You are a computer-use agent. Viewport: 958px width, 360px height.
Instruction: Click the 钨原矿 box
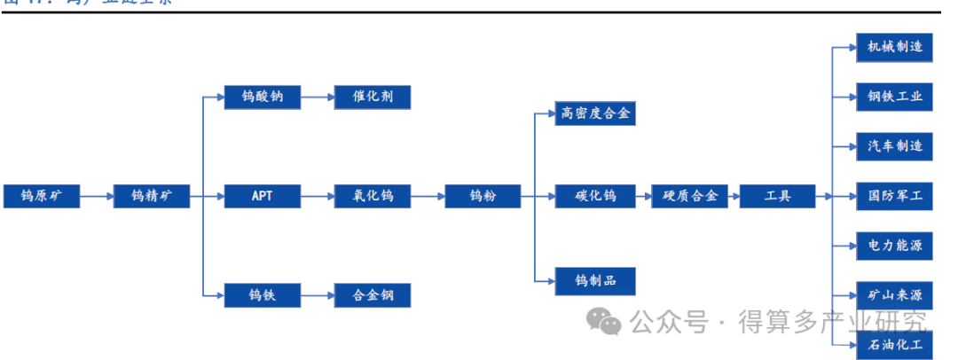point(42,196)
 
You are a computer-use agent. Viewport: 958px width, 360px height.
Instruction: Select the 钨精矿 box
point(152,196)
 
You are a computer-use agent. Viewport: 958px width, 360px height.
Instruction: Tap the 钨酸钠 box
point(263,97)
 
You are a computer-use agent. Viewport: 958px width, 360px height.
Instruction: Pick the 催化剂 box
point(373,97)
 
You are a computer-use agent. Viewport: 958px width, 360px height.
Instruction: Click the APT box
point(263,196)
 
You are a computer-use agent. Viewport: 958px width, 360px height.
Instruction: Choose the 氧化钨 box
point(373,196)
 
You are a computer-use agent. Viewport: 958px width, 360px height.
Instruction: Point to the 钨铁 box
point(263,295)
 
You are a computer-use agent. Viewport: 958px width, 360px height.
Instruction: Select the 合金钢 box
point(373,295)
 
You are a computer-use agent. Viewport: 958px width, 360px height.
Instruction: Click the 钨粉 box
point(483,196)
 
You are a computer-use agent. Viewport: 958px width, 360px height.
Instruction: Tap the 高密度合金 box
point(595,113)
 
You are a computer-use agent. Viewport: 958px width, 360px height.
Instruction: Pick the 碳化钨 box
point(595,196)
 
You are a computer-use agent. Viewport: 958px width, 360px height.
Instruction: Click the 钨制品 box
point(595,281)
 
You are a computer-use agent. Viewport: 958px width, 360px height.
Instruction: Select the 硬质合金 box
point(690,196)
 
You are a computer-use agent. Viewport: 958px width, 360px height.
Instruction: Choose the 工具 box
point(777,196)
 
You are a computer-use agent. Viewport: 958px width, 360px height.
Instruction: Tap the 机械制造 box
point(894,47)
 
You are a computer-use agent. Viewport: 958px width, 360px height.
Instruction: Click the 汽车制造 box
point(894,146)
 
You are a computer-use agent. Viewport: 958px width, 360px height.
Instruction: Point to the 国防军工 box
point(894,196)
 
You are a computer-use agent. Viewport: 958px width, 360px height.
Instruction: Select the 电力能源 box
point(894,246)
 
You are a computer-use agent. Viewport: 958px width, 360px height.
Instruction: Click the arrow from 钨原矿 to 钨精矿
point(97,196)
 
